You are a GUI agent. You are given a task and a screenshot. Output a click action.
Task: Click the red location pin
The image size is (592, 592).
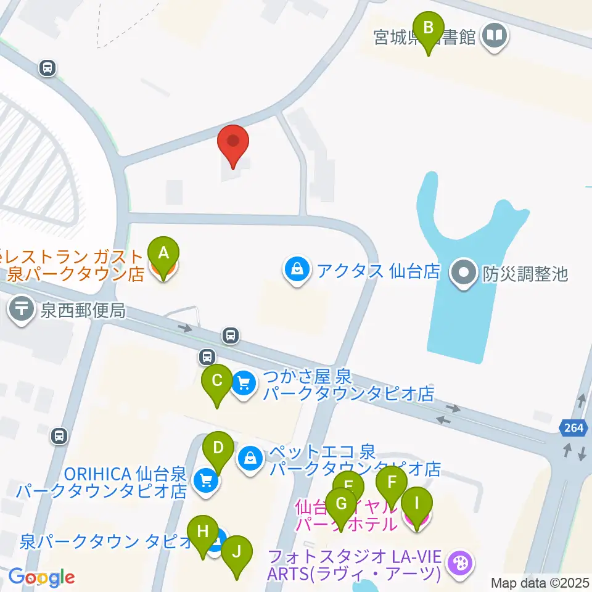[x=233, y=142]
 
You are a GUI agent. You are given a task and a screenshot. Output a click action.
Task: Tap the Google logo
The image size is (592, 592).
[x=41, y=577]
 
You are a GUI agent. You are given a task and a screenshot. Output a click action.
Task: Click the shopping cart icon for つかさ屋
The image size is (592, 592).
[x=244, y=385]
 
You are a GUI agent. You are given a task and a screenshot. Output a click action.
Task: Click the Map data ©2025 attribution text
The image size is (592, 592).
[x=540, y=582]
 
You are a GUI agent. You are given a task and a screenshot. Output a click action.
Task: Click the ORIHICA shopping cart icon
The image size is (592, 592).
[x=204, y=481]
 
